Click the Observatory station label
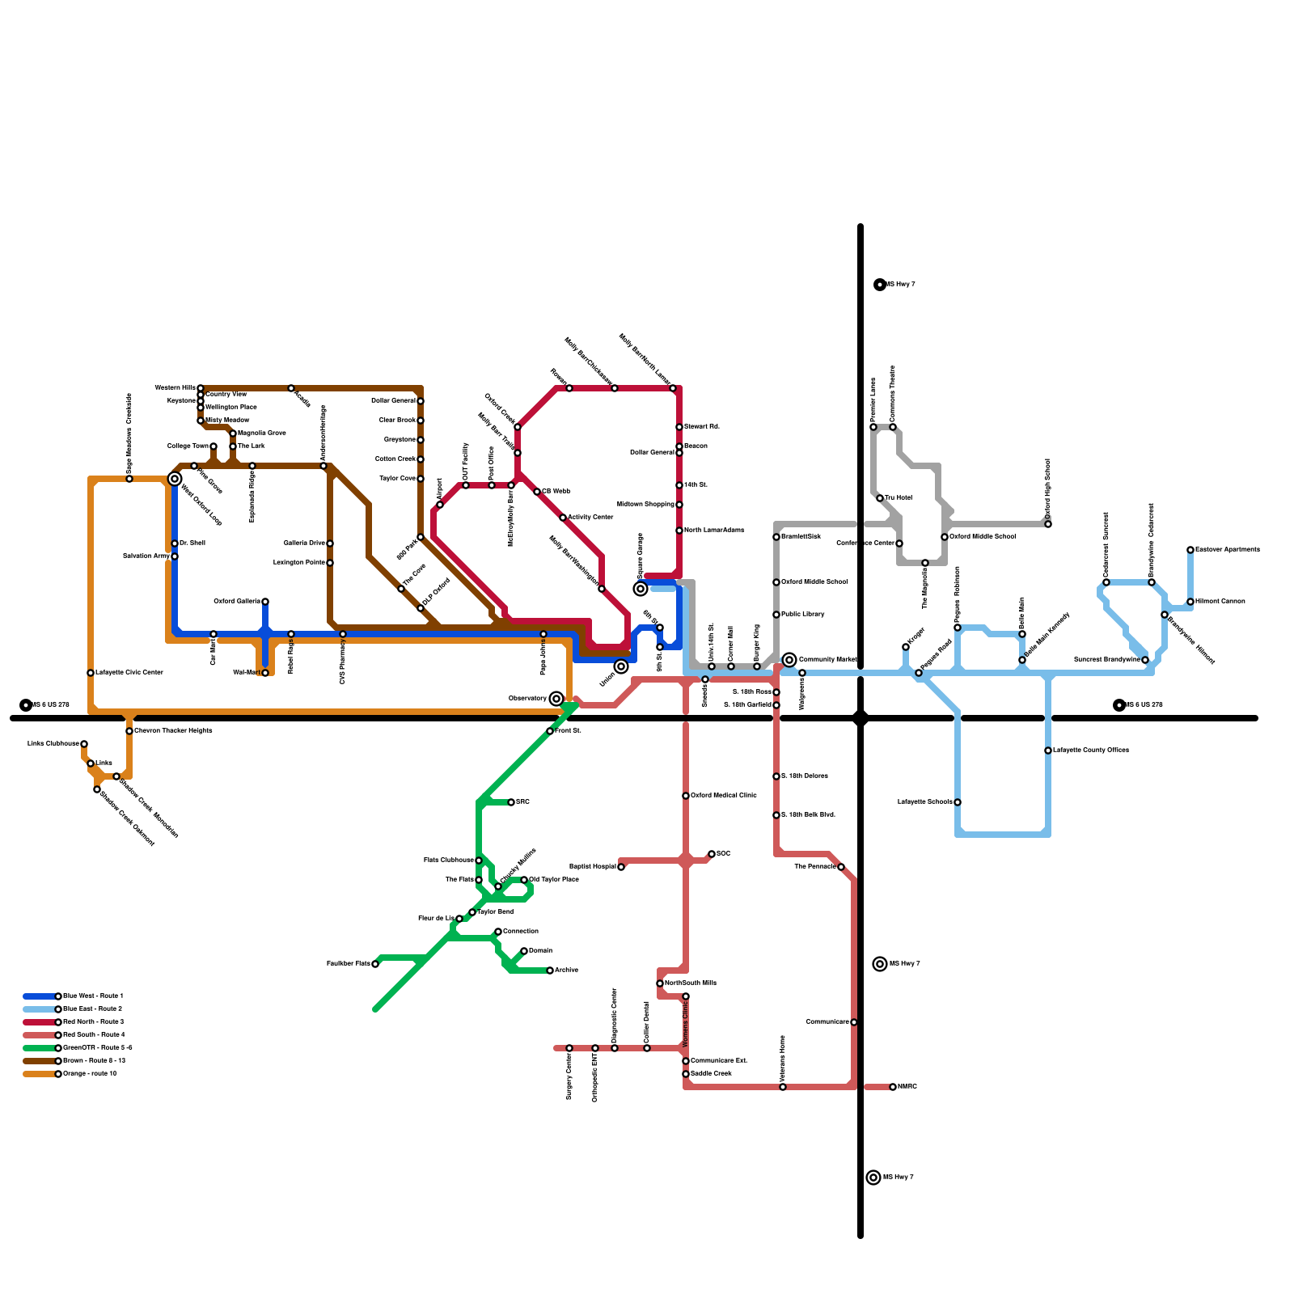point(527,698)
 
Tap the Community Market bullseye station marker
point(789,660)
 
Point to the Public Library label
point(802,615)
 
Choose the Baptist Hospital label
point(593,867)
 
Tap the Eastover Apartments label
point(1227,550)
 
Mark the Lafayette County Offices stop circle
point(1048,751)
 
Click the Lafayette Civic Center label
point(129,673)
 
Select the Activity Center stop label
point(590,518)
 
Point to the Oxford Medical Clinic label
point(723,796)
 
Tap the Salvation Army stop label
point(146,556)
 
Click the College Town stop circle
point(214,446)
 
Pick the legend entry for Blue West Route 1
point(93,996)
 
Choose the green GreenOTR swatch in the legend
point(40,1047)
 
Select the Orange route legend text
point(90,1073)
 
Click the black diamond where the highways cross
point(861,717)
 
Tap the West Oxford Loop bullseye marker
point(175,479)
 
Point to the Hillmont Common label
point(1220,602)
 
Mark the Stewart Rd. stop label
point(702,427)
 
